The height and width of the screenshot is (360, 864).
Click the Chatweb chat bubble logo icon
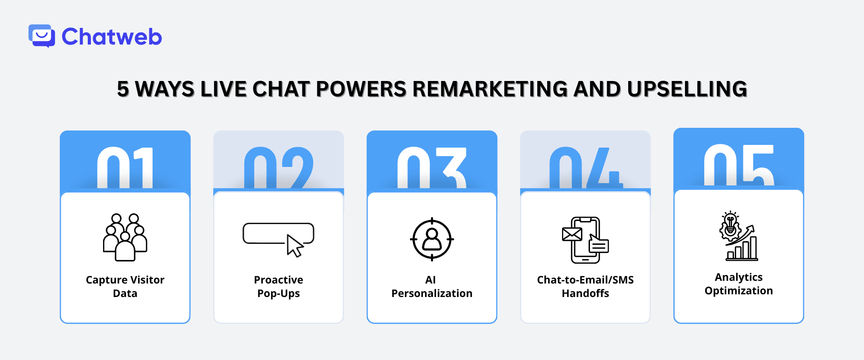click(42, 36)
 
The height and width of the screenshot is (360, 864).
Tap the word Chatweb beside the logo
click(112, 37)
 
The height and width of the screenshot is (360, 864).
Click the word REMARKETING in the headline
click(490, 89)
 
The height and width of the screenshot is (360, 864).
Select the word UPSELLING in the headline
click(687, 89)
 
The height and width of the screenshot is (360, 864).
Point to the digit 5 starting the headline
click(123, 89)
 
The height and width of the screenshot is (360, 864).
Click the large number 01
click(125, 168)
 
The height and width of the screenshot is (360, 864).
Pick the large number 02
click(279, 168)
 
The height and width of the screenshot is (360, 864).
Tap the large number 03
click(432, 168)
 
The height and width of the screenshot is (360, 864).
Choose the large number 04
click(585, 168)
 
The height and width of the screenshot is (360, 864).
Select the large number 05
click(739, 165)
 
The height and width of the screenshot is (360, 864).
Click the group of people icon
click(125, 237)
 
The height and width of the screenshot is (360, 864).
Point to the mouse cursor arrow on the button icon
click(295, 246)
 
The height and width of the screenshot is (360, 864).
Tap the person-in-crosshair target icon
click(432, 239)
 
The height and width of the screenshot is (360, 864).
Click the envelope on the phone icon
click(572, 234)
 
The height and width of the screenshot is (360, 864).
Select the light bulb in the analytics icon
click(730, 222)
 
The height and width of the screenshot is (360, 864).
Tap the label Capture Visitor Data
click(125, 287)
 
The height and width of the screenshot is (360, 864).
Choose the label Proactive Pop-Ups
click(279, 287)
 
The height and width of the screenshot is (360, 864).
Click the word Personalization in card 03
click(432, 293)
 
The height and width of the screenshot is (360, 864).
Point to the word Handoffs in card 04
click(585, 293)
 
